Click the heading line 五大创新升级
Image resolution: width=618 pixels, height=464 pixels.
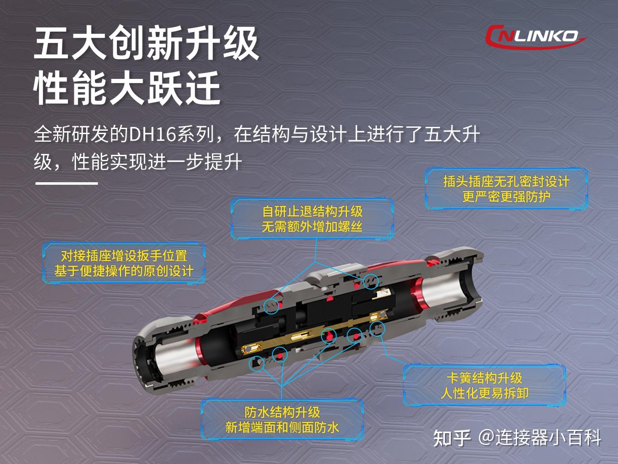pos(146,43)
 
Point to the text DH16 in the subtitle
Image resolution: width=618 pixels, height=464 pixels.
pos(153,134)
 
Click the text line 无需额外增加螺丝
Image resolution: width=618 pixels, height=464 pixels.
pos(312,226)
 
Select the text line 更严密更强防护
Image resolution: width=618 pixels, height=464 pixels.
pos(506,197)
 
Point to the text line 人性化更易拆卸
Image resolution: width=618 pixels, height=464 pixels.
pos(484,393)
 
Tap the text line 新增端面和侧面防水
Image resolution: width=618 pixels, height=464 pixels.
pos(282,427)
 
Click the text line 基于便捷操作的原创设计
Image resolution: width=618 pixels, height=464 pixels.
pos(124,271)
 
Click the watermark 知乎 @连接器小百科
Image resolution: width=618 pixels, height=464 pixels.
pos(517,438)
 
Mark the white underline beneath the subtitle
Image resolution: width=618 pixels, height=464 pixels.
pos(67,183)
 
